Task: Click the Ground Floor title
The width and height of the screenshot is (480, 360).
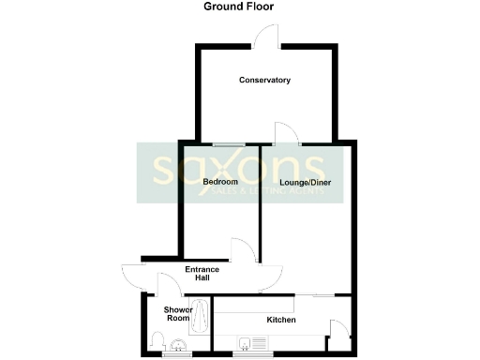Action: tap(239, 7)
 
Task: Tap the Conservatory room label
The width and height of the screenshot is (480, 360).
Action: tap(264, 81)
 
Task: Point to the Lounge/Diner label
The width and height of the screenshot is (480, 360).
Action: tap(306, 182)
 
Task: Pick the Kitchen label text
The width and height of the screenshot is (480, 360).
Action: tap(281, 321)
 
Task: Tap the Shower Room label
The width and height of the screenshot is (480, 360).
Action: tap(177, 314)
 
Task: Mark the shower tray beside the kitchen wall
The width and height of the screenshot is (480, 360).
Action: tap(201, 316)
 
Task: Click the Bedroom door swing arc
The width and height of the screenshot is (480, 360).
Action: tap(241, 250)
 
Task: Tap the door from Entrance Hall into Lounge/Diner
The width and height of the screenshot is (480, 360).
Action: tap(271, 276)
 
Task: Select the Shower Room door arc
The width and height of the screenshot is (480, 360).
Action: tap(169, 285)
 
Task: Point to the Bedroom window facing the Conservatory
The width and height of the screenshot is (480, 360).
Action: tap(226, 143)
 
